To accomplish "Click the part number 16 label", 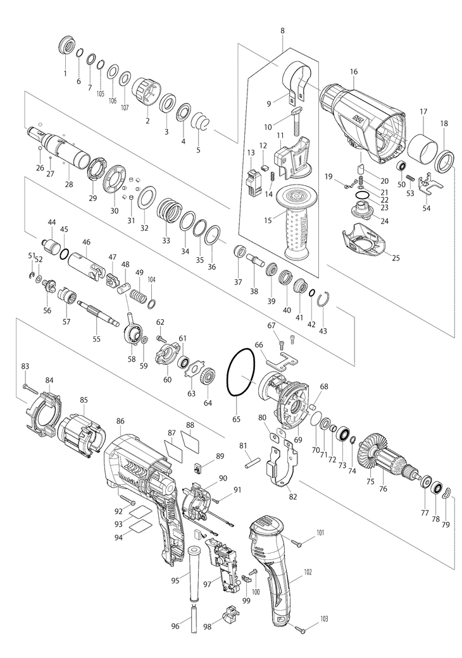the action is point(354,72).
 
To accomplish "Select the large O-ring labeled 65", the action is point(241,372).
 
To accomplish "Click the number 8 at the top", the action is point(282,31).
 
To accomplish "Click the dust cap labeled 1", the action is point(66,46).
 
